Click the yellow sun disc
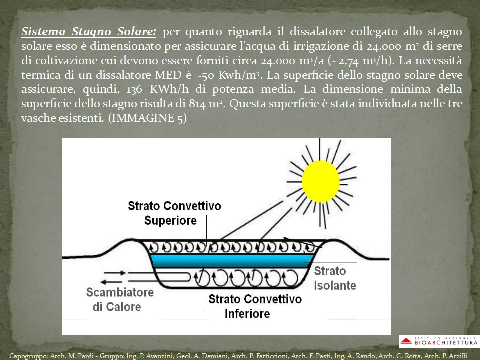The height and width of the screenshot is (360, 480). [x=321, y=182]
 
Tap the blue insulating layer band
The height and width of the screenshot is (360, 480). [x=232, y=261]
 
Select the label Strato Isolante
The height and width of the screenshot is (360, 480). [x=335, y=278]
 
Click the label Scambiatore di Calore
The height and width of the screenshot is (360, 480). [x=119, y=299]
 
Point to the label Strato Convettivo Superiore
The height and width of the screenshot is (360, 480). [x=174, y=213]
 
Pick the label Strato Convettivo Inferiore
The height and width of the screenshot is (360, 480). [x=255, y=306]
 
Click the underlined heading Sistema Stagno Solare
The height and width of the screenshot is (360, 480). [x=89, y=32]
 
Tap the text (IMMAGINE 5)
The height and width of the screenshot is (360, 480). [x=147, y=118]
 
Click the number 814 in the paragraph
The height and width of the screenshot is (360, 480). [x=198, y=104]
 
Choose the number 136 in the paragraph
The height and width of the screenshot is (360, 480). [x=134, y=89]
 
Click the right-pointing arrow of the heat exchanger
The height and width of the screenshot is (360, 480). [x=115, y=273]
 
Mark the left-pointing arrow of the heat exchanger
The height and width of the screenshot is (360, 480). [x=112, y=282]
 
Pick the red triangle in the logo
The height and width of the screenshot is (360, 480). [x=406, y=341]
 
